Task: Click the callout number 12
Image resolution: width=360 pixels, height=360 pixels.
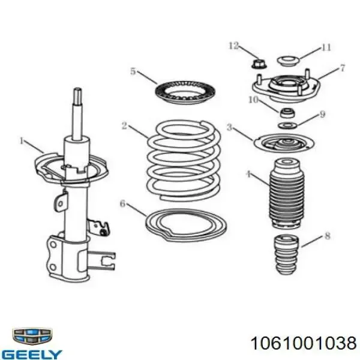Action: (x=233, y=46)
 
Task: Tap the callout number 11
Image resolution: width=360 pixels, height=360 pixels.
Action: (x=326, y=47)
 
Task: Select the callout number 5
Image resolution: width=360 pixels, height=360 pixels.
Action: (x=133, y=71)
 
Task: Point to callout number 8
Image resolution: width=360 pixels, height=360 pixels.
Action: (x=328, y=236)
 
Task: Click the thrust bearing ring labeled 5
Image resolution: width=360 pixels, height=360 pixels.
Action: (x=185, y=93)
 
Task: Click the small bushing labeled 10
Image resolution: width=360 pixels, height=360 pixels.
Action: (x=287, y=113)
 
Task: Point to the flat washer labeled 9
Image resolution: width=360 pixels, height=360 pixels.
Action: (x=287, y=125)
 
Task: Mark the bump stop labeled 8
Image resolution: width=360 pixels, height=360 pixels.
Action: (x=286, y=254)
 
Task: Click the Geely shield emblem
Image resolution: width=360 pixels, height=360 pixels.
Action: (x=32, y=336)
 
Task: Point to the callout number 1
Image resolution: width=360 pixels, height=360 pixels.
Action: (x=22, y=140)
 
